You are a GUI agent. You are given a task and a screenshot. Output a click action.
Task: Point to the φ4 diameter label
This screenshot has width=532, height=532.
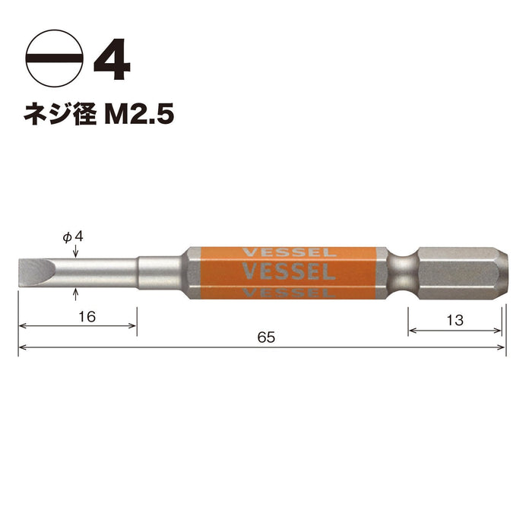tap(73, 236)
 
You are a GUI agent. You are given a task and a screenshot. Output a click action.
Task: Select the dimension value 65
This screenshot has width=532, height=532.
tap(265, 337)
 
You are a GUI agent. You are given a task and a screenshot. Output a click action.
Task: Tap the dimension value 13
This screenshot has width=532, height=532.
tap(454, 321)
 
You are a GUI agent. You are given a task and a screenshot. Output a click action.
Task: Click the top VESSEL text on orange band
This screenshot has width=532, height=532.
tap(286, 252)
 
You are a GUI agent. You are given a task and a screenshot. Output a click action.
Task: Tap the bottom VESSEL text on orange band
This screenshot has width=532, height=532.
tap(286, 291)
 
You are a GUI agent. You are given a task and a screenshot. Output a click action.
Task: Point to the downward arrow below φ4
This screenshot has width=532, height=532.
tap(74, 250)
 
